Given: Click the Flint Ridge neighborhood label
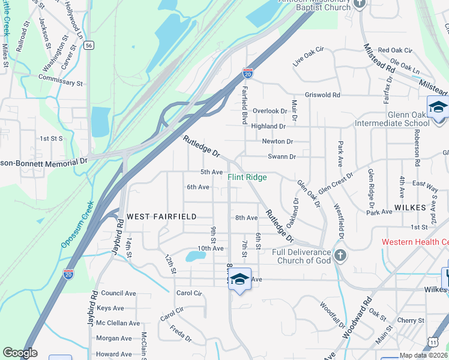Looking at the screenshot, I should click(247, 177).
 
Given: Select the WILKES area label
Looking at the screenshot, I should click(409, 206).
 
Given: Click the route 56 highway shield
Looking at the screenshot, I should click(89, 45).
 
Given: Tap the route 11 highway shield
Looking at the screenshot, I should click(433, 341).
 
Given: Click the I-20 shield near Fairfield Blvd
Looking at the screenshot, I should click(247, 73).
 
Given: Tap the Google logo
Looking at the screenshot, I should click(20, 352).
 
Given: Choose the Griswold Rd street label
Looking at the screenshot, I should click(322, 95).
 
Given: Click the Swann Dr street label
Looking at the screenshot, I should click(282, 157).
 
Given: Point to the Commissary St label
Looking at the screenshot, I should click(60, 83).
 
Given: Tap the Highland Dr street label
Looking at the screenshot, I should click(268, 126).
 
